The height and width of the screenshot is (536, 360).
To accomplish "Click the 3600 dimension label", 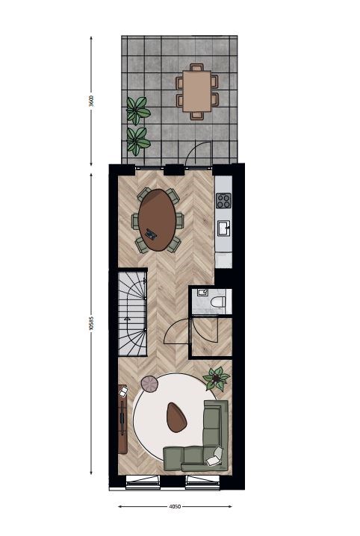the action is pos(91,102).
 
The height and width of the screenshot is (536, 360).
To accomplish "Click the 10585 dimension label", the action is pos(91,322).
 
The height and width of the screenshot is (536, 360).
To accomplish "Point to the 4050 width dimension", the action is pos(175,506).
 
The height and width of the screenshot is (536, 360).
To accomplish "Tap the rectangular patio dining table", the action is pos(196,91).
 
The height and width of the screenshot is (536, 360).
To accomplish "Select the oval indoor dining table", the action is pos(158,220).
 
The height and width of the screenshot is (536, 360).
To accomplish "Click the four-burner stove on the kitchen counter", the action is pos(223,201).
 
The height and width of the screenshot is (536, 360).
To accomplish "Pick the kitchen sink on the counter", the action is pos(224,228).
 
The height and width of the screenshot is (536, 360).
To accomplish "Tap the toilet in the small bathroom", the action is pos(218,302).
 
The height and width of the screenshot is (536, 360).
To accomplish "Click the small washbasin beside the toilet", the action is pos(202,293).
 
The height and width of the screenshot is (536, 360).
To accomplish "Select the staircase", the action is pos(133,314).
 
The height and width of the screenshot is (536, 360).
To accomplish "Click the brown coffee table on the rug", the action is pos(176,417).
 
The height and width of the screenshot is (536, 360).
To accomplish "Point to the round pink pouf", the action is pos(150,384).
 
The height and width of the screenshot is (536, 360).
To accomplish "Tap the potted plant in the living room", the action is pos(216,378).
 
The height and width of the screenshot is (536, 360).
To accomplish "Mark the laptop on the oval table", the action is pos(152,234).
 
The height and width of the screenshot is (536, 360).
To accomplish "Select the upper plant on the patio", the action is pos(137,110).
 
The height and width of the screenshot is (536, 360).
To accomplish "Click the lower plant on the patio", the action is pos(137,141).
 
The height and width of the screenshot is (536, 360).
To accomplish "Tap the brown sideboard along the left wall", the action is pos(122,420).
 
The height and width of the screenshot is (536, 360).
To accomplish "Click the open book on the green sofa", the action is pos(214,456).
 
